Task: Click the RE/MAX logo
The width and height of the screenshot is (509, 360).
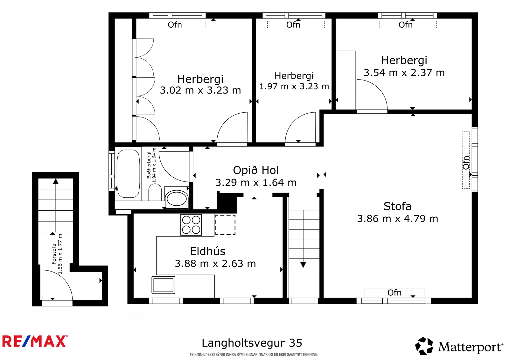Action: point(35,341)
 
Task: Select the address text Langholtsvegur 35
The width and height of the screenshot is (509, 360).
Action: point(252,343)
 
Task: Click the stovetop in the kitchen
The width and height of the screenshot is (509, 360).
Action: point(191,225)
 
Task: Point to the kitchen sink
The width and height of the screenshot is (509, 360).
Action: point(163,285)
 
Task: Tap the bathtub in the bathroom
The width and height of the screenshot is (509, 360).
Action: point(128,173)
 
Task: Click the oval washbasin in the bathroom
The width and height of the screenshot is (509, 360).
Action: point(177,199)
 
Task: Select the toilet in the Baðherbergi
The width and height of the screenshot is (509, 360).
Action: point(155,192)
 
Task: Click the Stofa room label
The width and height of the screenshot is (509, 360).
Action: point(397,206)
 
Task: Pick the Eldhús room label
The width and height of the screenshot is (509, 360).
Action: point(208,251)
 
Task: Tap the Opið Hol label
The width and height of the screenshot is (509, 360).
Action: point(256,170)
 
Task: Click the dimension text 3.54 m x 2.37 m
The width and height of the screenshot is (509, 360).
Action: point(404,73)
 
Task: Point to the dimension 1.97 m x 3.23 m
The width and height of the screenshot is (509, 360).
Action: point(294,86)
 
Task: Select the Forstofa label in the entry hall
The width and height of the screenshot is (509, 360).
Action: point(54,254)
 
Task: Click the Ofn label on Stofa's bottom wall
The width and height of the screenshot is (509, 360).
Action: point(394,293)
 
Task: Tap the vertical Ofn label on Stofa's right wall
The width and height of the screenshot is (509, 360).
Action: point(466,163)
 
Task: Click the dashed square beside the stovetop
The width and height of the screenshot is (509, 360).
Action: point(225,225)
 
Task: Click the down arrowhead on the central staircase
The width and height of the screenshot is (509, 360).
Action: point(303,265)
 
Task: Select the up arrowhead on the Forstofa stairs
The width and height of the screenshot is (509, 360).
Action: point(56,181)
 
